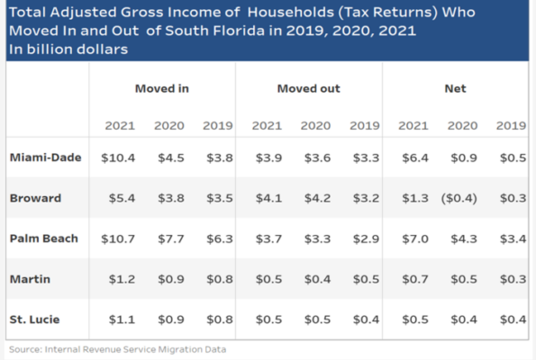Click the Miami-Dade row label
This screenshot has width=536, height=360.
(46, 157)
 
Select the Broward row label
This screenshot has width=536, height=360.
(35, 197)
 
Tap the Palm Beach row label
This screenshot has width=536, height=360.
(44, 238)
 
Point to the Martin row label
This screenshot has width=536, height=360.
(31, 279)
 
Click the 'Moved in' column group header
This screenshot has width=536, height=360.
(161, 88)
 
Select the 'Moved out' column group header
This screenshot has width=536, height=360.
(308, 88)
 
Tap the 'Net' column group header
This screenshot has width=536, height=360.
(455, 88)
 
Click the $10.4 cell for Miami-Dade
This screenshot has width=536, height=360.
(118, 157)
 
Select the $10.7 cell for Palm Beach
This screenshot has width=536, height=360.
(118, 238)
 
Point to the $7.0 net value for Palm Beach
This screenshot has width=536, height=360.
(413, 238)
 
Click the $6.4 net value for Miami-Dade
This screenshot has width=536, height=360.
(413, 157)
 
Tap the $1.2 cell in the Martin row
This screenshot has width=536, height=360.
(121, 279)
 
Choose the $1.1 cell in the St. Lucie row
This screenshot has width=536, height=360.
(121, 319)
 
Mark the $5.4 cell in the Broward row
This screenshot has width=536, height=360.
(121, 197)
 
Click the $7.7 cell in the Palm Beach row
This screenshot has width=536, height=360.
(170, 238)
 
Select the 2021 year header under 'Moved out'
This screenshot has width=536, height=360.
(267, 125)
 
